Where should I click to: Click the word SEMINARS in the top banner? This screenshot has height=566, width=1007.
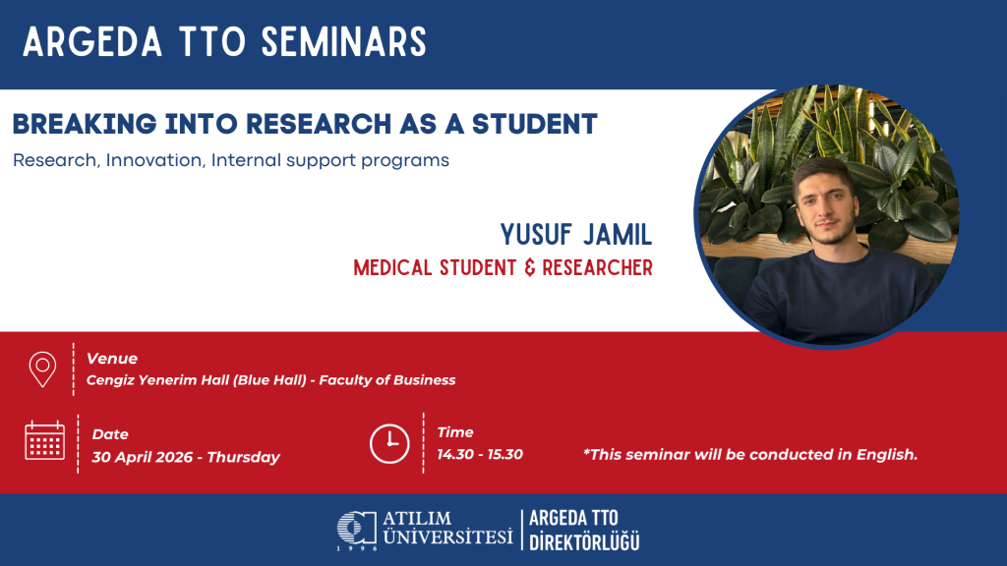[x=343, y=42]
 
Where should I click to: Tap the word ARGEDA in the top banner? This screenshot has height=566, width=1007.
[x=92, y=42]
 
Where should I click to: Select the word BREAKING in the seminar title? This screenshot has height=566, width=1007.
[x=85, y=124]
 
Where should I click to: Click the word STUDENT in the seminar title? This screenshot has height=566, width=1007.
[x=535, y=124]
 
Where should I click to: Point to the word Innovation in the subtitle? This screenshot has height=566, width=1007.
[x=154, y=160]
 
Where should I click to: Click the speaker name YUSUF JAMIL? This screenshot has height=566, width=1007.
[x=576, y=235]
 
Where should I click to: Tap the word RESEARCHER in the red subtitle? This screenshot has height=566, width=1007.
[x=597, y=267]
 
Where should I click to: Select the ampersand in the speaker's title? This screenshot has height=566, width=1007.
[x=530, y=267]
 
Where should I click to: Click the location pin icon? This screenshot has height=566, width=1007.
[x=42, y=369]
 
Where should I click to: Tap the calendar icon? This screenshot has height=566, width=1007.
[x=44, y=440]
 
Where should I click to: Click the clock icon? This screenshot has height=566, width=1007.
[x=389, y=443]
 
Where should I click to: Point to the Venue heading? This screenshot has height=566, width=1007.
[x=112, y=359]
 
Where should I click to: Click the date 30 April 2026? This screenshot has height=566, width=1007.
[x=142, y=457]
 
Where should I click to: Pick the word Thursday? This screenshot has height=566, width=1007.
[x=244, y=458]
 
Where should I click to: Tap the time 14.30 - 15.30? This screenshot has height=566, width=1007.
[x=480, y=454]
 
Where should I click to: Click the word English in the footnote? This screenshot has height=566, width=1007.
[x=887, y=455]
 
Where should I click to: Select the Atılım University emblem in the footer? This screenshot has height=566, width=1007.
[x=356, y=529]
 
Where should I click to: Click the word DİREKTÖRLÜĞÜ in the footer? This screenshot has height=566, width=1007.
[x=584, y=541]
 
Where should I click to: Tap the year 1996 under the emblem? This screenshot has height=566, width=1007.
[x=357, y=548]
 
